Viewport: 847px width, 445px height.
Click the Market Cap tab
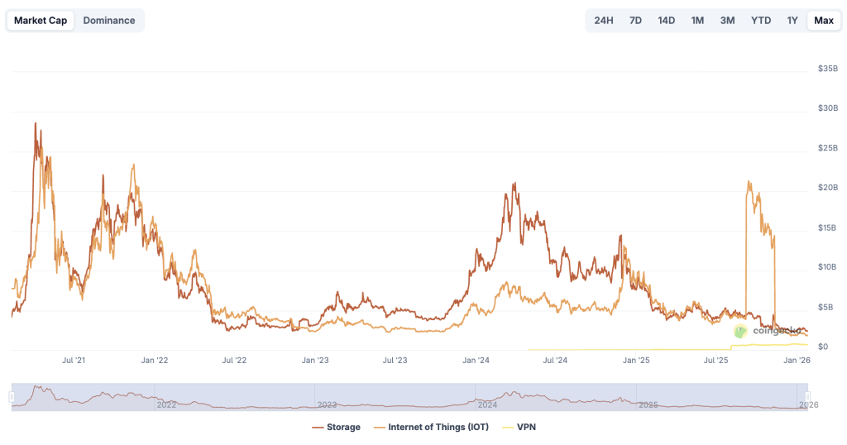(x=41, y=20)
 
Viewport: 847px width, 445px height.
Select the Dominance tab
(x=109, y=20)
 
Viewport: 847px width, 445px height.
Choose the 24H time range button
(x=604, y=20)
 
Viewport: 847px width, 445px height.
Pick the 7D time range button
(x=635, y=20)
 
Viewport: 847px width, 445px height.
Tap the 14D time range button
(x=666, y=20)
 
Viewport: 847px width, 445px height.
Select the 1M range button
(x=697, y=20)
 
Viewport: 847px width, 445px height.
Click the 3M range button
(x=728, y=20)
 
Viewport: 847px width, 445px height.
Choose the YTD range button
(x=761, y=20)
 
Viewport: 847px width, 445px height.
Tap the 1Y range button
(x=792, y=20)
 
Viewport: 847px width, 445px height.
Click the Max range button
(x=824, y=20)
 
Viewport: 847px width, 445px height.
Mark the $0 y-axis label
(x=822, y=347)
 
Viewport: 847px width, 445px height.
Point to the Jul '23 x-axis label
(x=395, y=361)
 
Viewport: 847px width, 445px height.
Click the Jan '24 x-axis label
(x=475, y=361)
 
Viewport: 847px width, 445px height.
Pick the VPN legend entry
(x=519, y=427)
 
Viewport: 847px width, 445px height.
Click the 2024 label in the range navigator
(x=487, y=404)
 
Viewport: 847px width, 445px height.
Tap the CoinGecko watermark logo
(x=741, y=331)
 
